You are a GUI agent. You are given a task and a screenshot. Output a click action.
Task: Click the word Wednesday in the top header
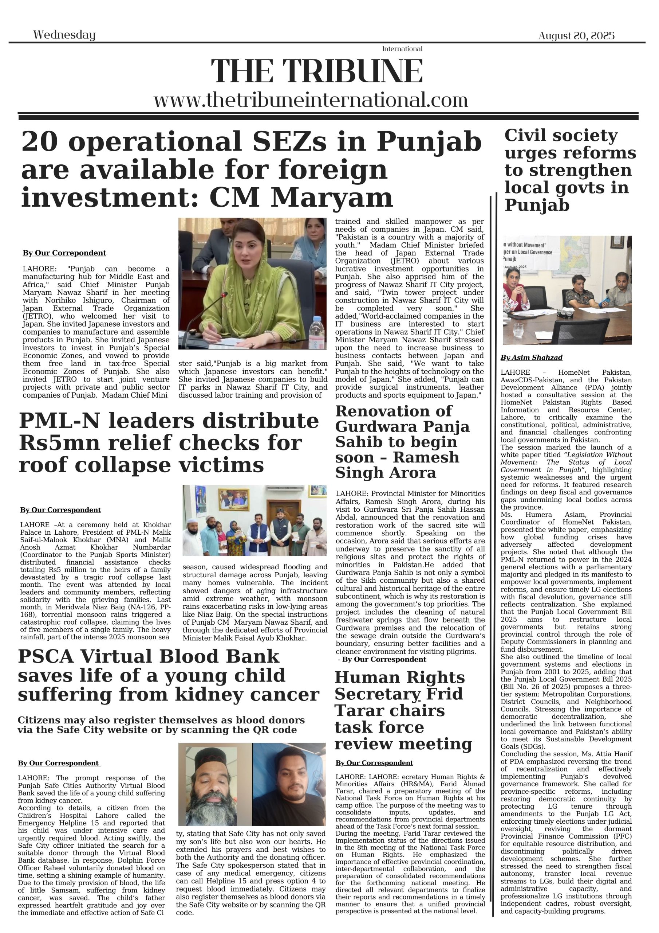64,35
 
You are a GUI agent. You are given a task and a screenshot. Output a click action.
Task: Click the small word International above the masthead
402,49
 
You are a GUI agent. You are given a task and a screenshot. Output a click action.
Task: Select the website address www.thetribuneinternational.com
311,100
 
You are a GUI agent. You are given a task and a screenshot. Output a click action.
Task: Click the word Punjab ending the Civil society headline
536,205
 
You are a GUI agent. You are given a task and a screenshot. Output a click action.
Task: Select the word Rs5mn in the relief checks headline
59,442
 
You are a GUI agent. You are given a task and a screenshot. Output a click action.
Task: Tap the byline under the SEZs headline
64,253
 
